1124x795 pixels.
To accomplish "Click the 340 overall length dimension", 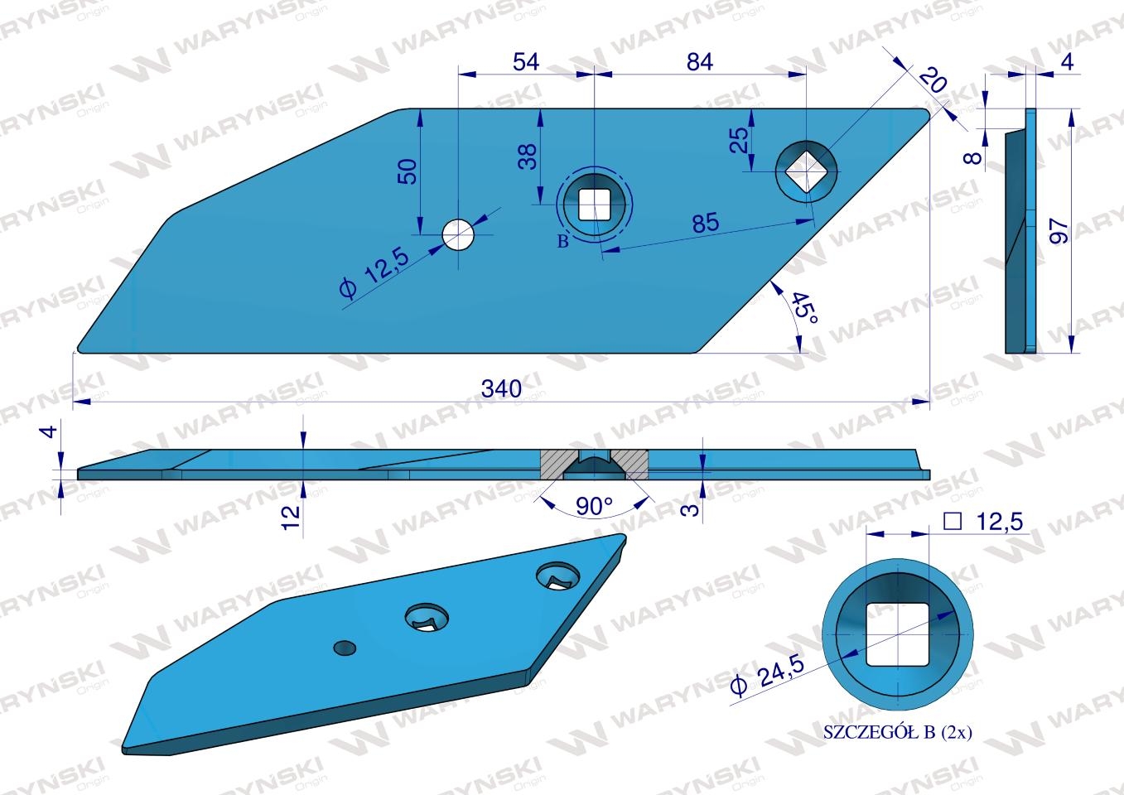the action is [x=501, y=388].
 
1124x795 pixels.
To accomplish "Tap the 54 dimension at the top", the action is [x=526, y=62].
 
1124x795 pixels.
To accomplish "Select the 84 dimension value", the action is [x=699, y=62].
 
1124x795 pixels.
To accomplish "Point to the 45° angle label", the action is [x=804, y=308].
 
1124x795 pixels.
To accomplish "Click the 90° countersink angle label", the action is [x=594, y=506].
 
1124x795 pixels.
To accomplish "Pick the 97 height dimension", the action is [x=1059, y=231].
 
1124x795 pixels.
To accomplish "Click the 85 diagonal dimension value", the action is [x=706, y=223].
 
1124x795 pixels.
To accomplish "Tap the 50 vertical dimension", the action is [x=408, y=171].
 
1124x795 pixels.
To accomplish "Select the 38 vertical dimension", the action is [x=528, y=157].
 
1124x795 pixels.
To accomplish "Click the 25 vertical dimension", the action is [x=739, y=140].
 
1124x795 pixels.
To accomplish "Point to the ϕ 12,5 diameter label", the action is [x=374, y=272].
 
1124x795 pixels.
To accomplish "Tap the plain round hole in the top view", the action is [x=458, y=234].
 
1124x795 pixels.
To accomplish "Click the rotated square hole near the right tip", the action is [x=807, y=172].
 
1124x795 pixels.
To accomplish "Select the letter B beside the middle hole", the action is [x=563, y=241].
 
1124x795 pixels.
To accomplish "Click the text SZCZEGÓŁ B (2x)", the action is [x=898, y=732].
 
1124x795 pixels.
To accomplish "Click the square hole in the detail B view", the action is [x=898, y=634].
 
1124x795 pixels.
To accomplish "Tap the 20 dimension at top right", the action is [x=933, y=80].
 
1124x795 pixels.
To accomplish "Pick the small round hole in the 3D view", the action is [x=345, y=648].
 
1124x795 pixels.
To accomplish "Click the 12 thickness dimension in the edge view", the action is [x=291, y=518].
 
